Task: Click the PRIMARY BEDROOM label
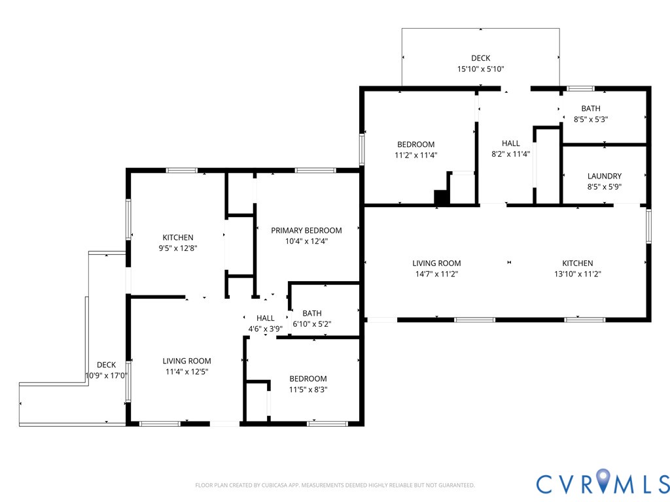coord(306,231)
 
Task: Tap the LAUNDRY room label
coord(604,176)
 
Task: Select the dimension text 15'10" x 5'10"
coord(481,69)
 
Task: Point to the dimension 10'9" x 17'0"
coord(107,376)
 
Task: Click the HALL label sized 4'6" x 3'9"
coord(266,318)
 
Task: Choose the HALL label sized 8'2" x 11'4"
coord(510,143)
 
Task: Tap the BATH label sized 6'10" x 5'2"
coord(312,313)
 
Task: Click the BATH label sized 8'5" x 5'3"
coord(591,109)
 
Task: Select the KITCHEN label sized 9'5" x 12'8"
coord(178,237)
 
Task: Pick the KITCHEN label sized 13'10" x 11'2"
coord(577,263)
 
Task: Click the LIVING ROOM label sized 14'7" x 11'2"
coord(436,263)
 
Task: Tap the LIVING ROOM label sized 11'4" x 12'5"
coord(186,361)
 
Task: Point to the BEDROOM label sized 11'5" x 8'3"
coord(308,378)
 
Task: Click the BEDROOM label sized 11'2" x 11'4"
coord(415,144)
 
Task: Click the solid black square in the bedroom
coord(442,197)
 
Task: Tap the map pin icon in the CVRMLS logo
coord(604,480)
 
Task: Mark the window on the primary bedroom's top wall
coord(315,171)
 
